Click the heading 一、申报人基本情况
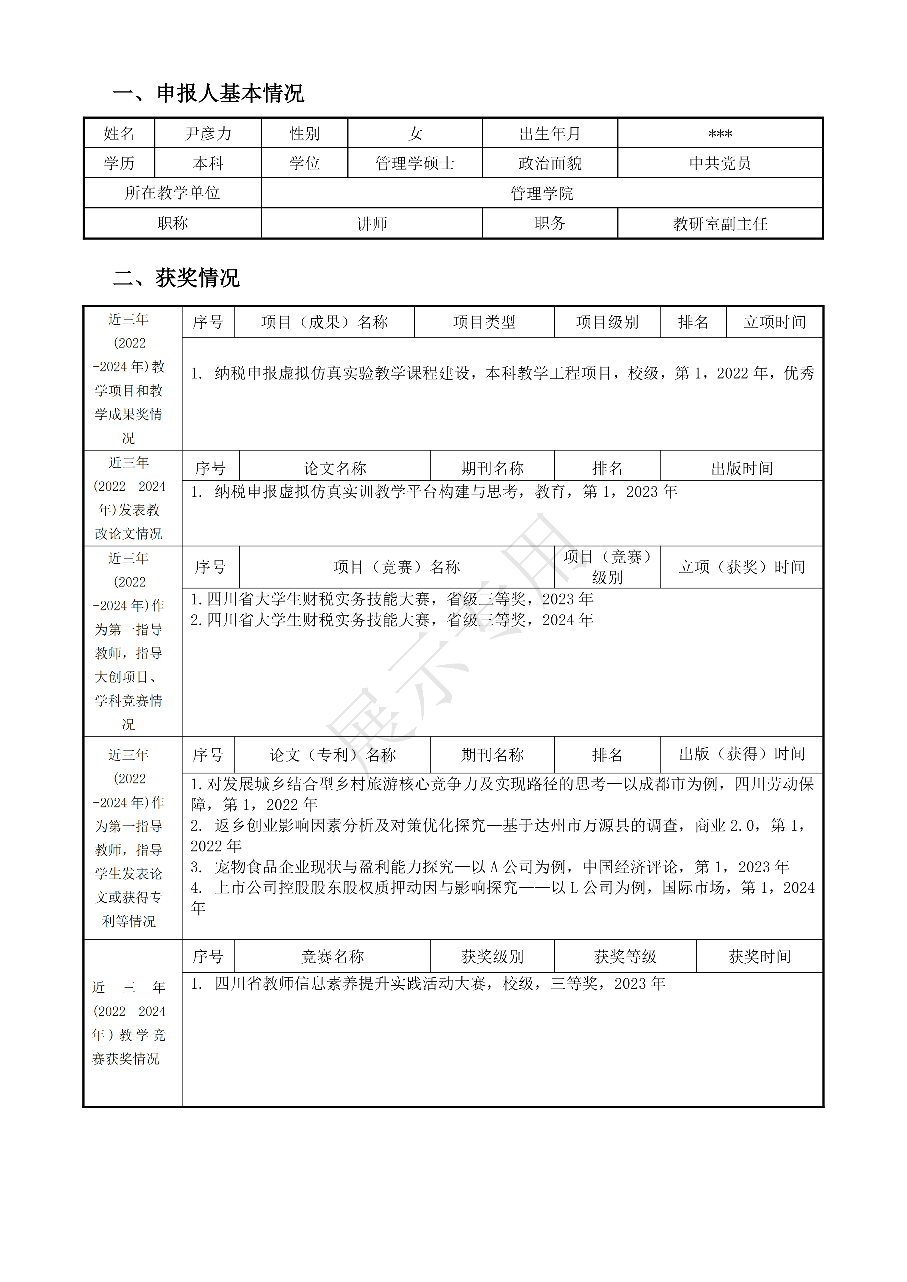point(208,93)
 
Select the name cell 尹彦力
point(208,133)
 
